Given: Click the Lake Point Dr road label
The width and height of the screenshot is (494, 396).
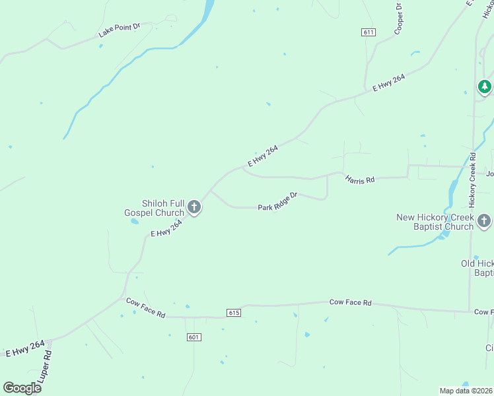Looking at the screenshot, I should tap(120, 30).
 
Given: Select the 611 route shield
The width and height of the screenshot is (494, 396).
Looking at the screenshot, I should tap(369, 32).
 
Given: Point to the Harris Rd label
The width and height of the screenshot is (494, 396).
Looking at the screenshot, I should tap(360, 179).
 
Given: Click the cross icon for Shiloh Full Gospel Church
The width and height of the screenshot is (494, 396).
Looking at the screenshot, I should tap(194, 208).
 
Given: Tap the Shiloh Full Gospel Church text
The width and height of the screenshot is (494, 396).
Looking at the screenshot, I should tap(154, 208).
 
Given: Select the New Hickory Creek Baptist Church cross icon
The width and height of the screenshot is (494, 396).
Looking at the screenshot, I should tap(484, 221).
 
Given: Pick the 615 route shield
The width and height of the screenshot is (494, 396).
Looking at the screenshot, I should tap(233, 312).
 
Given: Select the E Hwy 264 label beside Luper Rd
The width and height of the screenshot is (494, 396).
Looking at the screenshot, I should tap(25, 348).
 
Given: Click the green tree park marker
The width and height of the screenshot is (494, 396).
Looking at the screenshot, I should tap(485, 86).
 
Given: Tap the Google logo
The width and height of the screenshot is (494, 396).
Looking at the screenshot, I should tap(22, 387).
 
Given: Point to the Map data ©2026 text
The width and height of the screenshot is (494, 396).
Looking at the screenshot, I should tap(466, 391).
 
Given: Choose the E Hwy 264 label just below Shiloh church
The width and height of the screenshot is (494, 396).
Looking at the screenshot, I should tap(166, 228).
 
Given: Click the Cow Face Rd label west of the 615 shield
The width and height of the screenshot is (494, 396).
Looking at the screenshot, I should tap(145, 308).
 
